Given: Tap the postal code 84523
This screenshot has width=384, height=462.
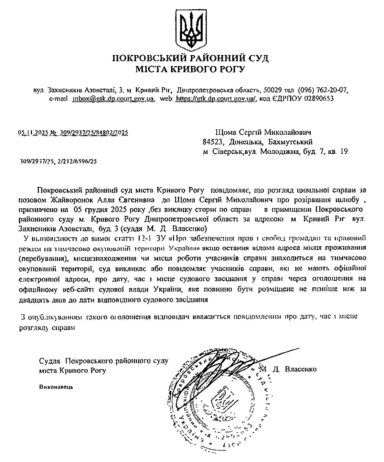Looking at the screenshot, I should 213,142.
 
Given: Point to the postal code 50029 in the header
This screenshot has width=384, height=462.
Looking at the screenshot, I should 271,90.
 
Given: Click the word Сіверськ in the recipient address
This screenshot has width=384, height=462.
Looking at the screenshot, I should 227,151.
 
